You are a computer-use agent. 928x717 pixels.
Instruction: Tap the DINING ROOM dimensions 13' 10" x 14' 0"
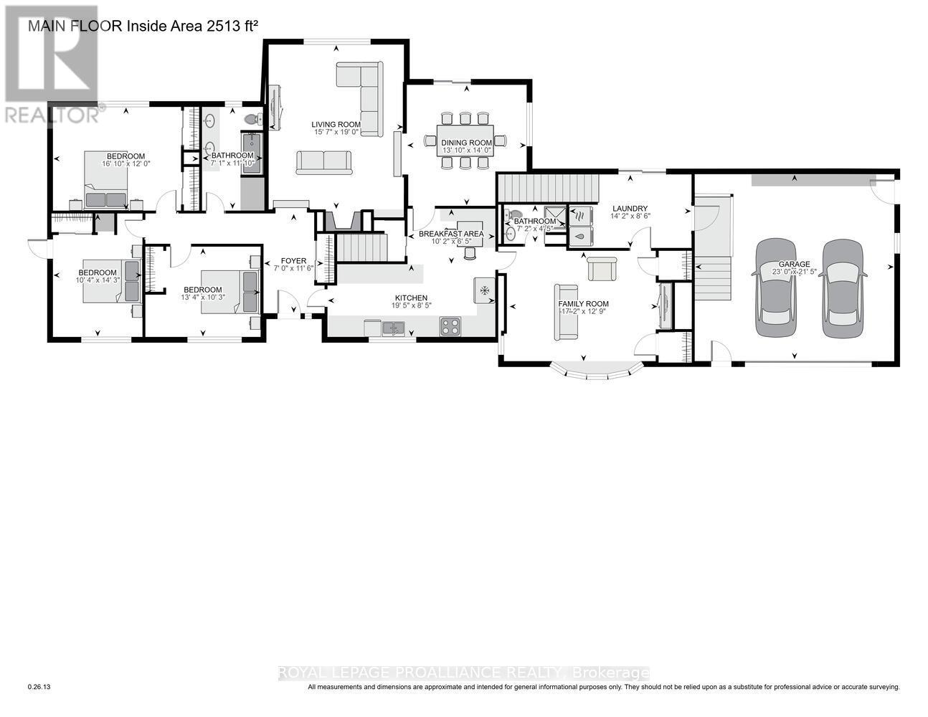tap(466, 151)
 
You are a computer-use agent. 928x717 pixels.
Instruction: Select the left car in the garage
tap(776, 288)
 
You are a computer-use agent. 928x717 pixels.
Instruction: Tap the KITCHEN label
tap(411, 298)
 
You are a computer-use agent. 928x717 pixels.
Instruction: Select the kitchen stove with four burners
tap(450, 326)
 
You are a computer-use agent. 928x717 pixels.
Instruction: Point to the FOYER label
tap(294, 261)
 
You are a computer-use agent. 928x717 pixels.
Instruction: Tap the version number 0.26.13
tap(39, 687)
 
